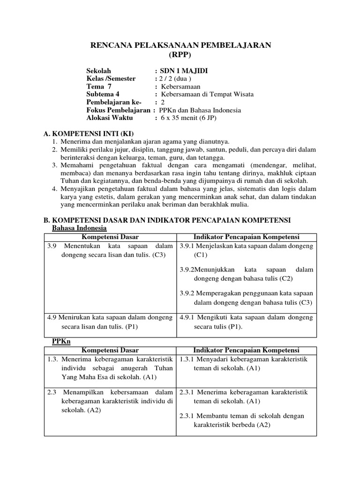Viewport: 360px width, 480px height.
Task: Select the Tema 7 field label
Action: [x=99, y=87]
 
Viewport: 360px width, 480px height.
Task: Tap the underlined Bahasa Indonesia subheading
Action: [x=79, y=228]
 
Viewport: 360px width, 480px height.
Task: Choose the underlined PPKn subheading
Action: [x=60, y=342]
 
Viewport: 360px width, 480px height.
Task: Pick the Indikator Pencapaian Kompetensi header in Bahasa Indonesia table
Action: [x=246, y=237]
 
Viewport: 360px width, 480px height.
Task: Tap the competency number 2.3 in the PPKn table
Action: [x=52, y=392]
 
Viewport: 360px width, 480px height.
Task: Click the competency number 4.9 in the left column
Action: [x=52, y=317]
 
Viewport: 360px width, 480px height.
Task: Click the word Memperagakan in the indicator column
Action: [x=217, y=293]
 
